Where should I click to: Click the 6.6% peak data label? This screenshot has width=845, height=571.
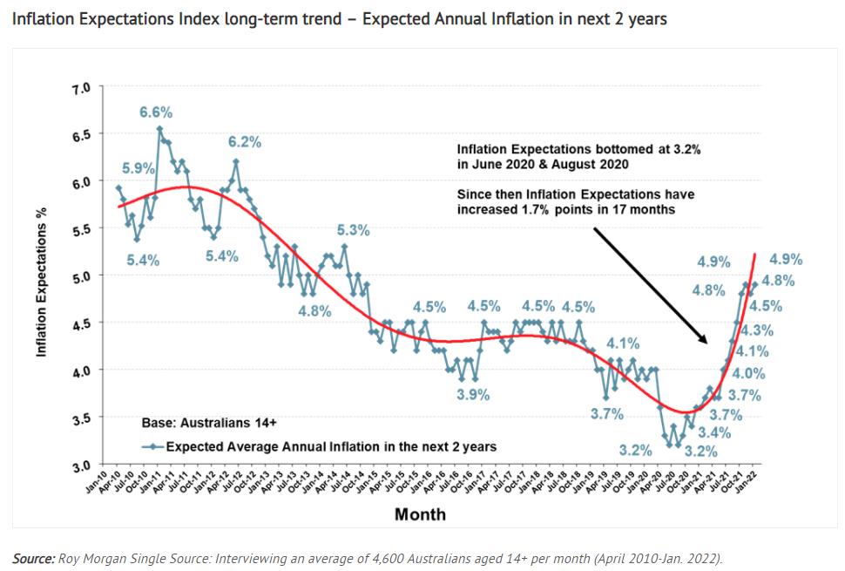click(156, 112)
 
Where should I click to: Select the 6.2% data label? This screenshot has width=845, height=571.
click(245, 142)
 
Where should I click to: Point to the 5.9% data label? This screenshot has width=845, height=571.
click(138, 168)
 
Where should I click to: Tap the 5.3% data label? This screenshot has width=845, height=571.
click(354, 231)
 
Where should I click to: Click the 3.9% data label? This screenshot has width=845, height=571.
click(473, 394)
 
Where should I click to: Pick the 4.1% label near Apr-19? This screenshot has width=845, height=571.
click(623, 343)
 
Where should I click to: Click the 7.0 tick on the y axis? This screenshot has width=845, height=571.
click(91, 89)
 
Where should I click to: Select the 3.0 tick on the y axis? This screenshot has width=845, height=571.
click(91, 466)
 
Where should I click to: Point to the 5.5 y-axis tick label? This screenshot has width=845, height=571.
click(91, 229)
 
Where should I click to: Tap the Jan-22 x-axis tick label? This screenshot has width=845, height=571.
click(747, 481)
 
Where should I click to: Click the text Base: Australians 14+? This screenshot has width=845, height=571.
click(209, 424)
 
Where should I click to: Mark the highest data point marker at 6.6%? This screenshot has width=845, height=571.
click(160, 129)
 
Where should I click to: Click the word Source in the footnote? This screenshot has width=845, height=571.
click(32, 558)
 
